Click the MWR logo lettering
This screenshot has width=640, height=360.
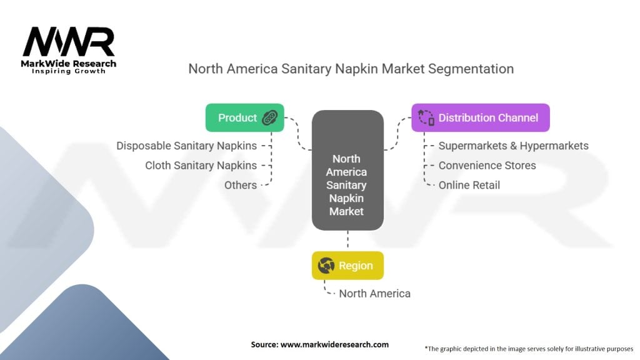click(x=69, y=42)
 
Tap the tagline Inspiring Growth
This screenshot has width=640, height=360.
click(x=69, y=71)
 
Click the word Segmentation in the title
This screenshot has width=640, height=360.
click(x=471, y=69)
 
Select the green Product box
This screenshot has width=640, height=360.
click(x=244, y=117)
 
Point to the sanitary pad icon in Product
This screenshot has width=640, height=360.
click(x=270, y=117)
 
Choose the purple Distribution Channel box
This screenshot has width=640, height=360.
click(x=481, y=117)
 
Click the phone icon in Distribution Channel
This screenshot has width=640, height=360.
click(x=426, y=117)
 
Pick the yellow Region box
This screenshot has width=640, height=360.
click(x=347, y=265)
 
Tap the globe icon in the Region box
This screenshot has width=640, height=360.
click(x=326, y=265)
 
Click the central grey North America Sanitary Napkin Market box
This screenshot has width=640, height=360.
click(x=347, y=170)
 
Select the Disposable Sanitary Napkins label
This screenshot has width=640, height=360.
click(x=186, y=146)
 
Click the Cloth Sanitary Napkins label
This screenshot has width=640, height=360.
click(x=201, y=165)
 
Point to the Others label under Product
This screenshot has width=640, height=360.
click(x=241, y=185)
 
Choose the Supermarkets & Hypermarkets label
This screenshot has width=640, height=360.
click(x=514, y=146)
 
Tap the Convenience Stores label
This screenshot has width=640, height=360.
click(x=487, y=165)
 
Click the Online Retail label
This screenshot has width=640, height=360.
click(x=469, y=185)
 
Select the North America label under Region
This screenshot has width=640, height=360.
click(x=375, y=294)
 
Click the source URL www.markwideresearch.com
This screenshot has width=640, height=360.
click(x=334, y=344)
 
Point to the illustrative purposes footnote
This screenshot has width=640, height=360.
click(x=529, y=349)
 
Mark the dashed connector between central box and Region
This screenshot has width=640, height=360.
click(x=347, y=239)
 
